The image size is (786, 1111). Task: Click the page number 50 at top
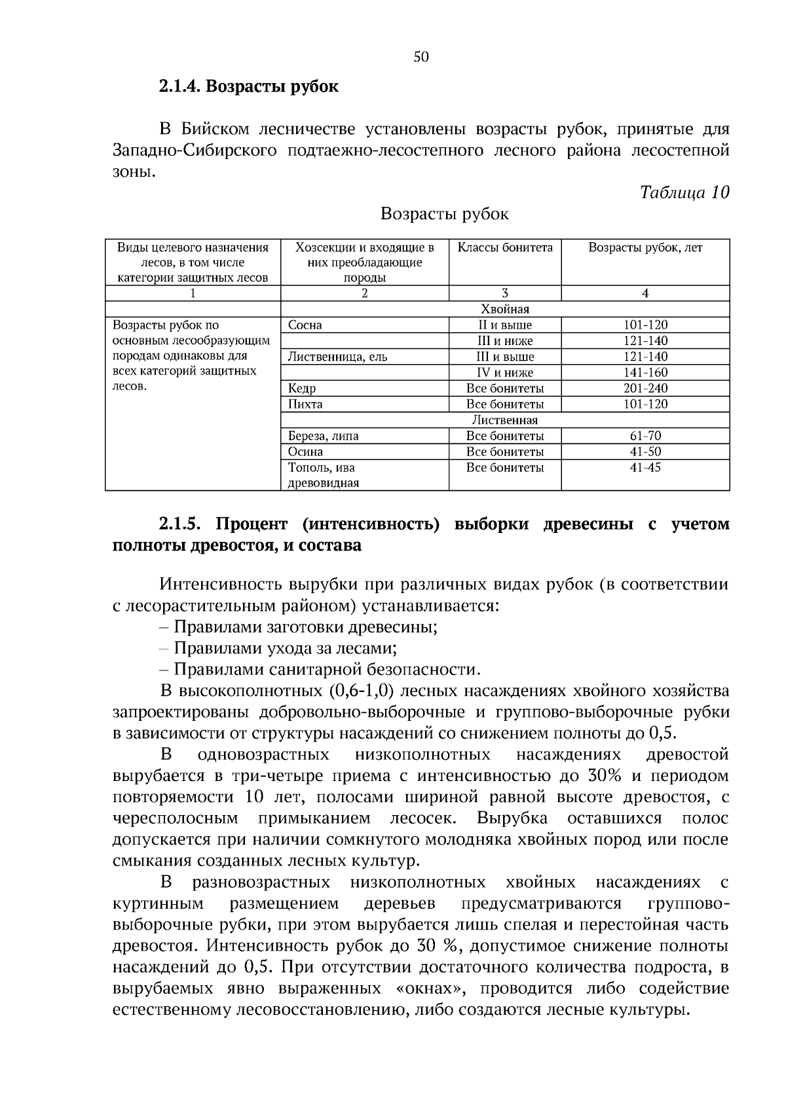(421, 57)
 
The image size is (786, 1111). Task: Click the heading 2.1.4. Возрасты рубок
(248, 86)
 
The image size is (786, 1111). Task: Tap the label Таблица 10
(684, 192)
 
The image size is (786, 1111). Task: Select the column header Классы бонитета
(504, 247)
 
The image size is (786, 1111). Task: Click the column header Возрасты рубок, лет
(645, 247)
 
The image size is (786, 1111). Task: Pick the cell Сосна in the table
(305, 325)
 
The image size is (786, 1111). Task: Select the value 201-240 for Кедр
(645, 388)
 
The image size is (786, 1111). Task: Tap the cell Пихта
(305, 405)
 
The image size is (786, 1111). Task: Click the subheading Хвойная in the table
(504, 309)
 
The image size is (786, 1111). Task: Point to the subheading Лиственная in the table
(504, 420)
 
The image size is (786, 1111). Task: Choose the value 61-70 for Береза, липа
(645, 436)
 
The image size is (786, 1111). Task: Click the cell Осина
(305, 452)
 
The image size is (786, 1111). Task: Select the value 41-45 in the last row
(645, 468)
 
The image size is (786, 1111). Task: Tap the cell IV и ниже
(504, 373)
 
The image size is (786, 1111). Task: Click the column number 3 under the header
(504, 293)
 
